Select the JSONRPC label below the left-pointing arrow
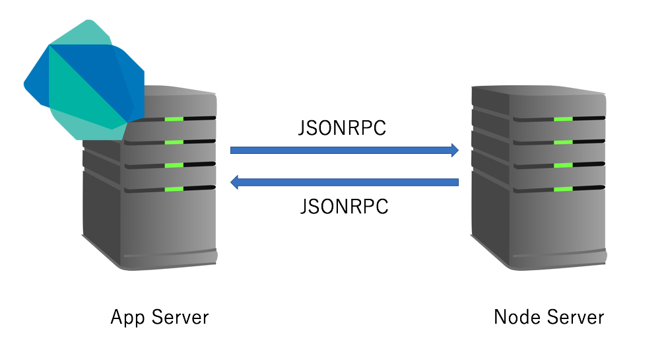[344, 207]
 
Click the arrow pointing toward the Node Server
[343, 150]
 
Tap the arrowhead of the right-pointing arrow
[453, 150]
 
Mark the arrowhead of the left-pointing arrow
[234, 182]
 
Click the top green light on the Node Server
[563, 119]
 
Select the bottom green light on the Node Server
[563, 189]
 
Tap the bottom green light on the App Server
[174, 189]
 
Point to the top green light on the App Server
[174, 119]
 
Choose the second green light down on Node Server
[563, 142]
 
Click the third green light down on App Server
[174, 165]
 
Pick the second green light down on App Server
[174, 142]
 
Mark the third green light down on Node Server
[563, 165]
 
